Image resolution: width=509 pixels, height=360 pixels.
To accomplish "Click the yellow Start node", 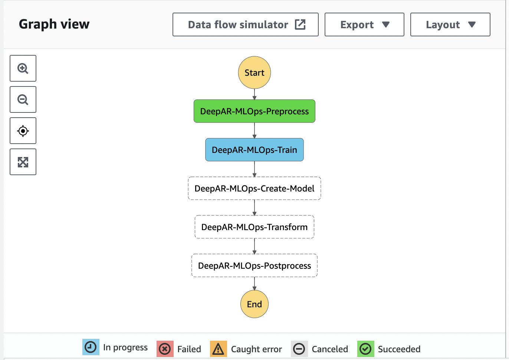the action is point(254,72).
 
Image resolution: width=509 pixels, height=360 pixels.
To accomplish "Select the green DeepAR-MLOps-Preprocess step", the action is point(254,111).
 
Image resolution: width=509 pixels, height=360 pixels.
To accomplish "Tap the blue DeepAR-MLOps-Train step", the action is point(254,150).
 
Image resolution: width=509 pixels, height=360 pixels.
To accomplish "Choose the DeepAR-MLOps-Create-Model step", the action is point(254,189).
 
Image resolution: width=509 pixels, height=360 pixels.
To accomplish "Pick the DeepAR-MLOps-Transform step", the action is point(254,227).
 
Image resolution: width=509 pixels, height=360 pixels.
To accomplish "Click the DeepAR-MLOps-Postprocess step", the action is point(254,265).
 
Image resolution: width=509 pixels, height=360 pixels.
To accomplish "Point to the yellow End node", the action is point(254,304).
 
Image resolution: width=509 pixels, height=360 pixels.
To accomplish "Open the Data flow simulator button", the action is point(246,24).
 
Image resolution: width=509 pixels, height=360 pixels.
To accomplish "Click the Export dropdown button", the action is point(364,24).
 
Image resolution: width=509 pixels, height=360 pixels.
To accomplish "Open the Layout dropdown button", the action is point(450,24).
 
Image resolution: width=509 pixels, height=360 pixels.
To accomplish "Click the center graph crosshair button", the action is point(23,131).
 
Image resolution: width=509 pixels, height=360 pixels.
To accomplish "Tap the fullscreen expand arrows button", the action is point(23,162).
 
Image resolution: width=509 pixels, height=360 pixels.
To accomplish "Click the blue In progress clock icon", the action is point(91,347).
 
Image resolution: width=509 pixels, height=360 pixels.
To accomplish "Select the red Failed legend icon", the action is point(165,349).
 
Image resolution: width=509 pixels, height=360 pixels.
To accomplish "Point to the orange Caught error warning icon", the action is point(219,349).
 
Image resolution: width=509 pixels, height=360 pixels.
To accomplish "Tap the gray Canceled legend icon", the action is point(299,349).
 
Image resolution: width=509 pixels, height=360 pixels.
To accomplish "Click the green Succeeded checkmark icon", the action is point(366,349).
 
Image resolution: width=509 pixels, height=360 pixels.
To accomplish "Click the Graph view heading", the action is point(54,24).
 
